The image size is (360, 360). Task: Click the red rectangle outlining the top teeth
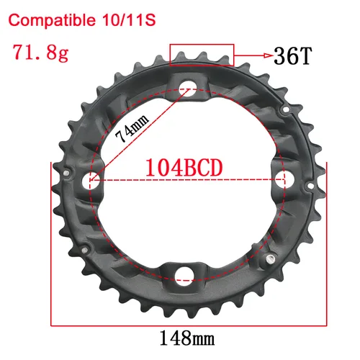pos(202,55)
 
